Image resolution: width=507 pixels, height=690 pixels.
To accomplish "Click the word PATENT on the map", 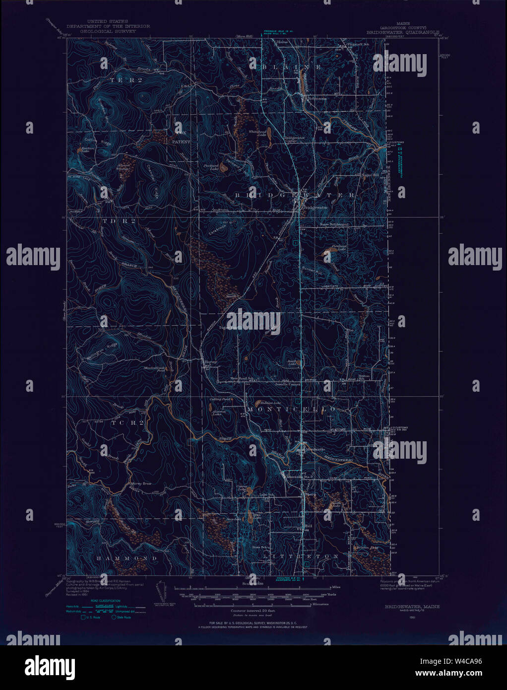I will click(x=181, y=142).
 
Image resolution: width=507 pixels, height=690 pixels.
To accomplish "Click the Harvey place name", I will click(x=211, y=362).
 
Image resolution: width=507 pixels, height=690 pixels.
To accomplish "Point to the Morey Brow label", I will click(x=141, y=483).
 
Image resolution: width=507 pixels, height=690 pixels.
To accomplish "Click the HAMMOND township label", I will click(x=127, y=558).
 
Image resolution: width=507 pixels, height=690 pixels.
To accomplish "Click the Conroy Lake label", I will click(x=242, y=488).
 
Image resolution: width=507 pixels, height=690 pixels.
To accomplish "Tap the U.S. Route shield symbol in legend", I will click(x=83, y=618).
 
